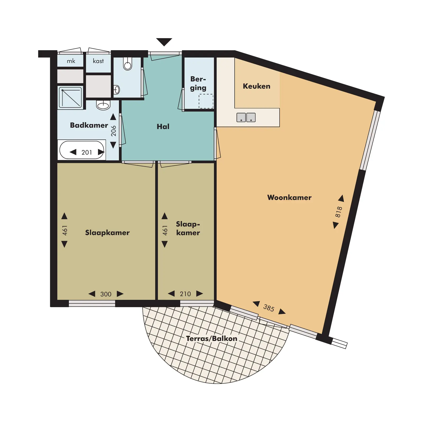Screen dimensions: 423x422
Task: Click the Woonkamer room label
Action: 289,197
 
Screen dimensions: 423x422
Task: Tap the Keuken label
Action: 256,86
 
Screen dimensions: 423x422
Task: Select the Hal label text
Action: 163,126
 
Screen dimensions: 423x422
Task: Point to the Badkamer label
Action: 89,125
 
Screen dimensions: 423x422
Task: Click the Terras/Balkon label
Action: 212,338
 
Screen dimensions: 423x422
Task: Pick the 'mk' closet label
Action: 71,61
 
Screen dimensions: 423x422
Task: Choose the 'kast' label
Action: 98,61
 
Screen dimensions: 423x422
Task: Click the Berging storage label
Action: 198,83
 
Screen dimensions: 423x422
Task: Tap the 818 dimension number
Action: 339,212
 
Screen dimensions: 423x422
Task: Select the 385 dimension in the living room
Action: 269,308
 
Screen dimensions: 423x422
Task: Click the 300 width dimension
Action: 106,294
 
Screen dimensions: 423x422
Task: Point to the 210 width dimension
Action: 185,294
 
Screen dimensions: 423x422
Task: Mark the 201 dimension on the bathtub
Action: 87,152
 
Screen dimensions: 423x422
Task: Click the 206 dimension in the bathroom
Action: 113,131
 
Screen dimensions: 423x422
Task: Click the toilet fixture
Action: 128,63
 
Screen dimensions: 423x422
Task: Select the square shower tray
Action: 70,97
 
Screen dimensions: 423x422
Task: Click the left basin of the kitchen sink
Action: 241,117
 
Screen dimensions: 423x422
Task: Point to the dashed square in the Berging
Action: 206,101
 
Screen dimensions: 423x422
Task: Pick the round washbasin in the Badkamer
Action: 103,105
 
